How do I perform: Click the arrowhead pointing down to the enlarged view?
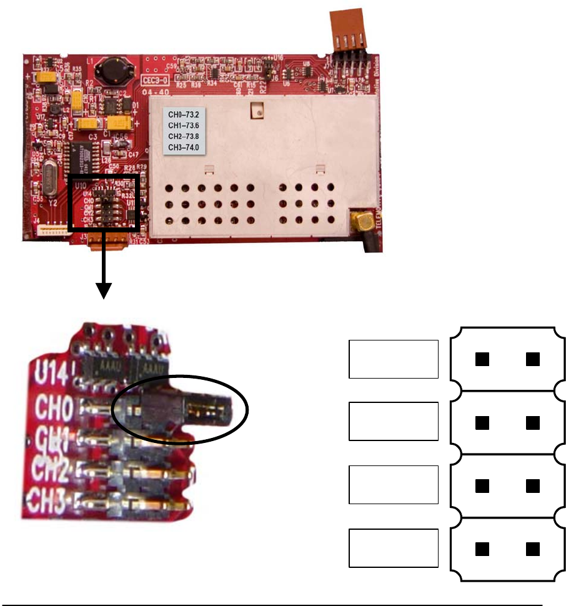[103, 291]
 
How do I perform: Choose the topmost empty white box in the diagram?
[393, 359]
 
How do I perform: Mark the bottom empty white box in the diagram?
[393, 548]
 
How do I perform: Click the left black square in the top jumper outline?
[481, 359]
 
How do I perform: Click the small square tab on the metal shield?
[255, 111]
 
